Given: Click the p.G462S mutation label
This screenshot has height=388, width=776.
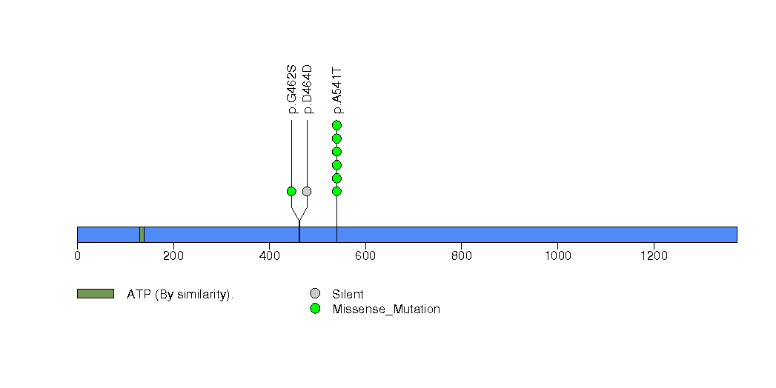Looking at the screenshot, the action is click(x=292, y=89).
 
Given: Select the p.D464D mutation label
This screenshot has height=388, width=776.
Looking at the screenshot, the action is click(x=308, y=89).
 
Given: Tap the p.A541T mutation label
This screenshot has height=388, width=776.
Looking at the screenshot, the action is click(x=337, y=91).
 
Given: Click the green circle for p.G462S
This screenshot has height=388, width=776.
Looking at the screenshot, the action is click(x=291, y=191).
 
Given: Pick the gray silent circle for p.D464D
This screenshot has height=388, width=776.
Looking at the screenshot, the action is click(x=307, y=191).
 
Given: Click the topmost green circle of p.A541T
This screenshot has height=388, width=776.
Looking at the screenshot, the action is click(x=337, y=125).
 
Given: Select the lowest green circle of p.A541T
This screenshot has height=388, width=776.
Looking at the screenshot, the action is click(x=337, y=191).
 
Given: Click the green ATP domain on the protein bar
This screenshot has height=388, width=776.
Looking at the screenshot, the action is click(x=142, y=235).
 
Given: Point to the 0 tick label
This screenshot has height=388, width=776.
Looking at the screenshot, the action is click(x=77, y=255).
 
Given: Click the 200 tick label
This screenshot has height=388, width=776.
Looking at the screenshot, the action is click(x=173, y=255).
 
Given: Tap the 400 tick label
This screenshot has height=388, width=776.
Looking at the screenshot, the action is click(x=269, y=255).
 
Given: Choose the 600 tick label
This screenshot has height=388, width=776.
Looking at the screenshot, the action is click(x=365, y=255).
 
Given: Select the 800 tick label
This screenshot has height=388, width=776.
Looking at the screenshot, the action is click(x=461, y=255).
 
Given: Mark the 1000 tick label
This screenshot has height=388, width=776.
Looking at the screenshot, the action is click(x=558, y=255).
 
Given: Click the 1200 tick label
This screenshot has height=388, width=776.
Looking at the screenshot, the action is click(x=654, y=255).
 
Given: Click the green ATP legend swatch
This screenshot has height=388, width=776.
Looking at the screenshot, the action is click(x=96, y=294).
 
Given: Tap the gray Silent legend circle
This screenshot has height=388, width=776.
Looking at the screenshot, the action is click(x=315, y=294).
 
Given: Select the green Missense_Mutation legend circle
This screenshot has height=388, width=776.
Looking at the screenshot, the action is click(x=315, y=309).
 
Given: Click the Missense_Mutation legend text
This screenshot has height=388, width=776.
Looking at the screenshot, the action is click(x=386, y=310).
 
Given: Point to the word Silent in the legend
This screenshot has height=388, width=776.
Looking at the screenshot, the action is click(x=348, y=294).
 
